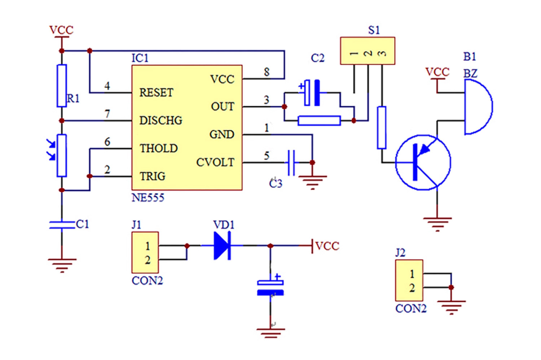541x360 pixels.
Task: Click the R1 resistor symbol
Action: pyautogui.click(x=62, y=86)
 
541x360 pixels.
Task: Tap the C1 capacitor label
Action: pyautogui.click(x=82, y=224)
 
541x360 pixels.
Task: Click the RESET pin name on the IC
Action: pyautogui.click(x=156, y=93)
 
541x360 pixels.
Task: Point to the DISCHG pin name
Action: pyautogui.click(x=160, y=120)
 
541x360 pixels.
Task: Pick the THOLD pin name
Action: pyautogui.click(x=159, y=148)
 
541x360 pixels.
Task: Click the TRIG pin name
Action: pyautogui.click(x=153, y=176)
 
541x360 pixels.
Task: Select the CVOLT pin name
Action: pyautogui.click(x=215, y=162)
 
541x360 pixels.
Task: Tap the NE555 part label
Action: pyautogui.click(x=148, y=198)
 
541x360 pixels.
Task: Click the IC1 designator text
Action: pyautogui.click(x=140, y=58)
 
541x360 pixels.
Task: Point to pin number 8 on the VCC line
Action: pyautogui.click(x=267, y=72)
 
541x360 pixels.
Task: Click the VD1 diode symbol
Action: pyautogui.click(x=222, y=246)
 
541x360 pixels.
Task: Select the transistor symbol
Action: pyautogui.click(x=423, y=162)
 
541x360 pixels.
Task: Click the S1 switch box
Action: pyautogui.click(x=368, y=51)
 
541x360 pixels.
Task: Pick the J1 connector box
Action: pyautogui.click(x=145, y=253)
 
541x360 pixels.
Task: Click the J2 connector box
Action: pyautogui.click(x=409, y=280)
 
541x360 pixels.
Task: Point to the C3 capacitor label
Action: pyautogui.click(x=276, y=184)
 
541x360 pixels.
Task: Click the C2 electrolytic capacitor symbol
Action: pyautogui.click(x=312, y=93)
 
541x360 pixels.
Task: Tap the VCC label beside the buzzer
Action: pyautogui.click(x=437, y=72)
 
